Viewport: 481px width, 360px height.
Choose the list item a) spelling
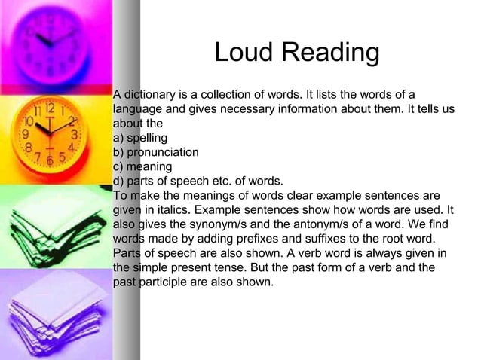[139, 139]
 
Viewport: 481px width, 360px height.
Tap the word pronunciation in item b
[163, 153]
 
